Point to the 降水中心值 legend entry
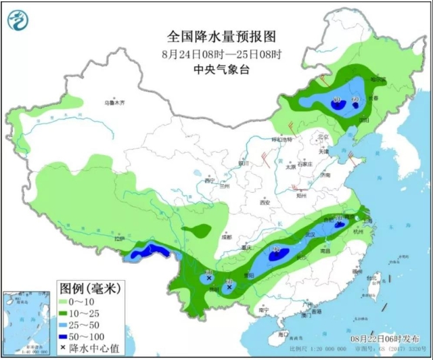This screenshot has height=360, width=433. pyautogui.click(x=88, y=353)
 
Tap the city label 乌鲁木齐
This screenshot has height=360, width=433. pyautogui.click(x=115, y=103)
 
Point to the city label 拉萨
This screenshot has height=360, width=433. pyautogui.click(x=120, y=239)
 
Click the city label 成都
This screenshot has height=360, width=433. pyautogui.click(x=225, y=237)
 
